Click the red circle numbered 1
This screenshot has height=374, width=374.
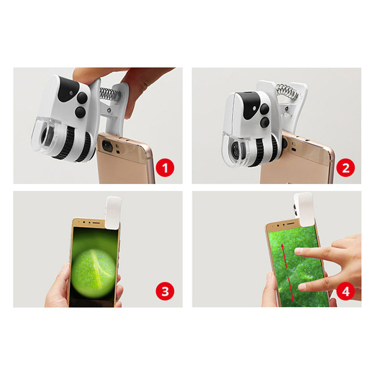click(165, 168)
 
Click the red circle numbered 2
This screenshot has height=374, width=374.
click(345, 168)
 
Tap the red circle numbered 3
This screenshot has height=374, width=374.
click(165, 291)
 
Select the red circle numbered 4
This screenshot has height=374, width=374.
click(345, 291)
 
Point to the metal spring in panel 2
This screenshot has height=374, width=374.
click(287, 91)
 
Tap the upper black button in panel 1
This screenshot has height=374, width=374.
click(82, 98)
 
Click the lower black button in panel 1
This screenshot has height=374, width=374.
click(80, 112)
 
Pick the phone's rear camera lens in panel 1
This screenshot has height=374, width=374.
click(108, 145)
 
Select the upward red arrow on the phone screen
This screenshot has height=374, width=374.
click(284, 256)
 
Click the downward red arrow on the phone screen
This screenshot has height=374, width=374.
click(292, 289)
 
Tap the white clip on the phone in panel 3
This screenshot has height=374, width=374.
click(113, 213)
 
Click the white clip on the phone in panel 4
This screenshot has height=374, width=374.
click(303, 209)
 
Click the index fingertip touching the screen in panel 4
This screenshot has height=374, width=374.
click(298, 251)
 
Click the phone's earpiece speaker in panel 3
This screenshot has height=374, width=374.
click(96, 223)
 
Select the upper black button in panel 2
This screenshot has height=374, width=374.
click(265, 109)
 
